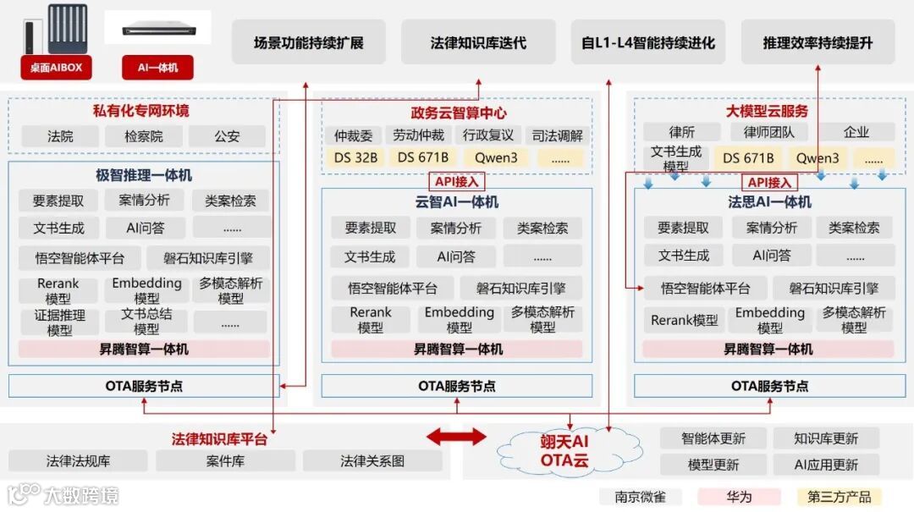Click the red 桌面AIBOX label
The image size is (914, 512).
[57, 68]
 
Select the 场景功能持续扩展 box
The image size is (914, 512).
[309, 42]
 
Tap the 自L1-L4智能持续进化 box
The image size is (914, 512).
[648, 42]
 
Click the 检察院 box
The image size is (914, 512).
[143, 136]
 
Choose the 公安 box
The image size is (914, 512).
[227, 136]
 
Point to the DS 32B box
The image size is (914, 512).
[355, 157]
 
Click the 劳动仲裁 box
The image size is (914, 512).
[418, 135]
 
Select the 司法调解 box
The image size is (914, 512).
[557, 135]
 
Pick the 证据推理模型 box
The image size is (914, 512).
[59, 322]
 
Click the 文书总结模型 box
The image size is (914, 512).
[146, 322]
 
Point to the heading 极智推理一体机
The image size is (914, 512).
[144, 175]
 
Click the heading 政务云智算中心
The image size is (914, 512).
[459, 113]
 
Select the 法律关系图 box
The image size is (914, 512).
[372, 461]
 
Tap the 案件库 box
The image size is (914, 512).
[225, 461]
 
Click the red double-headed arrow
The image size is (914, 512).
[456, 437]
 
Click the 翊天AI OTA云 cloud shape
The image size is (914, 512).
[564, 451]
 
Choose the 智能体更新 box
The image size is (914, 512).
[713, 438]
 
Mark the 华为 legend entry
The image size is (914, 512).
[738, 497]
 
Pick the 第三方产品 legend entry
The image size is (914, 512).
[839, 497]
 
